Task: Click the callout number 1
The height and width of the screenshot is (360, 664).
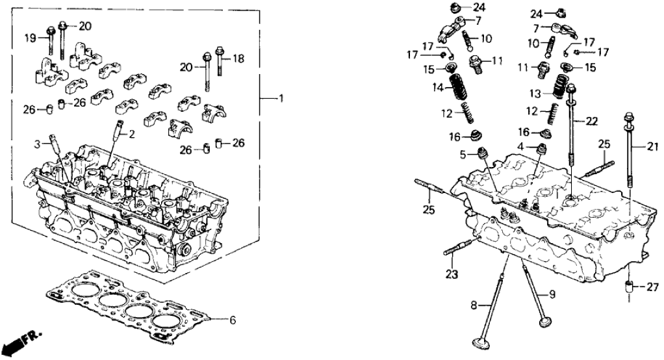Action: pos(281,99)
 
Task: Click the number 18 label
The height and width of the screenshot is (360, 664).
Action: pos(238,58)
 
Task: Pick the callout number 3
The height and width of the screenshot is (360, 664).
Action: pos(38,142)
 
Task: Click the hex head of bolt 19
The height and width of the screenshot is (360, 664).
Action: pos(50,29)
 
